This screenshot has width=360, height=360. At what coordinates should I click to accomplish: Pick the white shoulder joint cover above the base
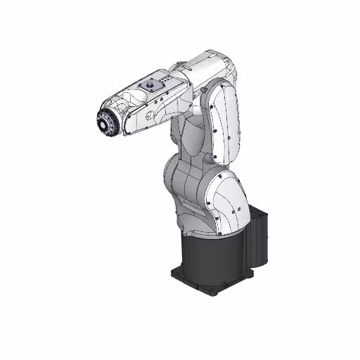[x=226, y=200]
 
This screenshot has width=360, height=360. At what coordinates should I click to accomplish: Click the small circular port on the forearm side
[x=154, y=111]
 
